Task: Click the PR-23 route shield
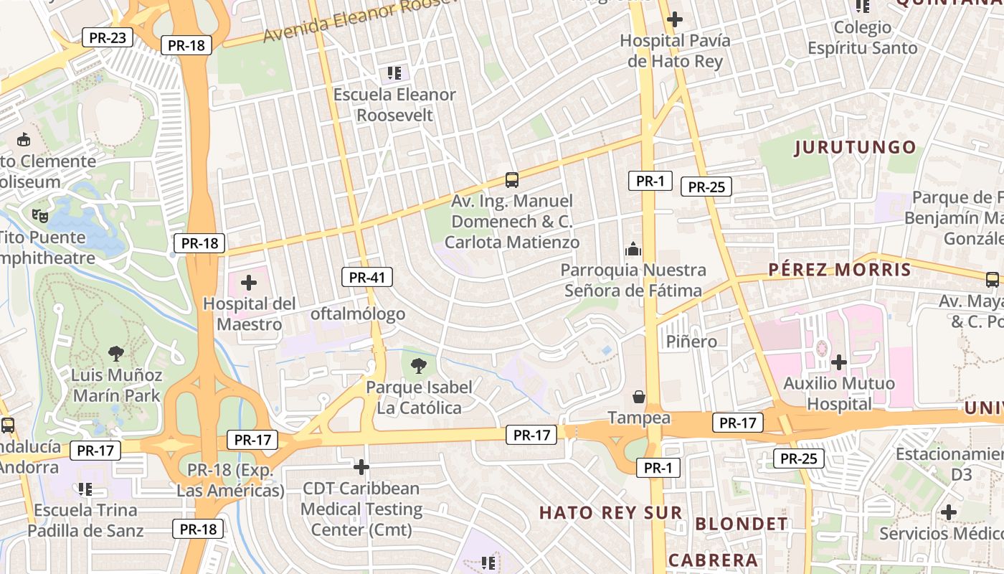point(108,37)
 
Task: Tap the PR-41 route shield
point(366,277)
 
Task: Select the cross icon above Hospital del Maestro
point(249,283)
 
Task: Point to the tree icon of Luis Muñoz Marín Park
point(115,353)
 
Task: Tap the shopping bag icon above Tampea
point(638,397)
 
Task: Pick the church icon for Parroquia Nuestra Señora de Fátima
point(633,249)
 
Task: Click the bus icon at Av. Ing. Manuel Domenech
point(512,179)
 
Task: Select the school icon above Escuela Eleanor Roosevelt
point(394,72)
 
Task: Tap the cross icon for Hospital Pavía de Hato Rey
point(675,19)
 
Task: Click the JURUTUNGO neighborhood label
point(856,148)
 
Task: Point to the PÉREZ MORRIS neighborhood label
point(839,270)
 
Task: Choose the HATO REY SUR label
point(610,512)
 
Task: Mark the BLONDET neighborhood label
point(742,523)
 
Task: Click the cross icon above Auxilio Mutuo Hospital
point(838,362)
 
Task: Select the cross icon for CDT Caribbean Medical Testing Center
point(361,468)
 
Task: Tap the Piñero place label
point(691,341)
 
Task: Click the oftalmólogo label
point(358,314)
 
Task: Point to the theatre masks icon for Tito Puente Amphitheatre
point(40,215)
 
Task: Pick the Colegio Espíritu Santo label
point(863,38)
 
